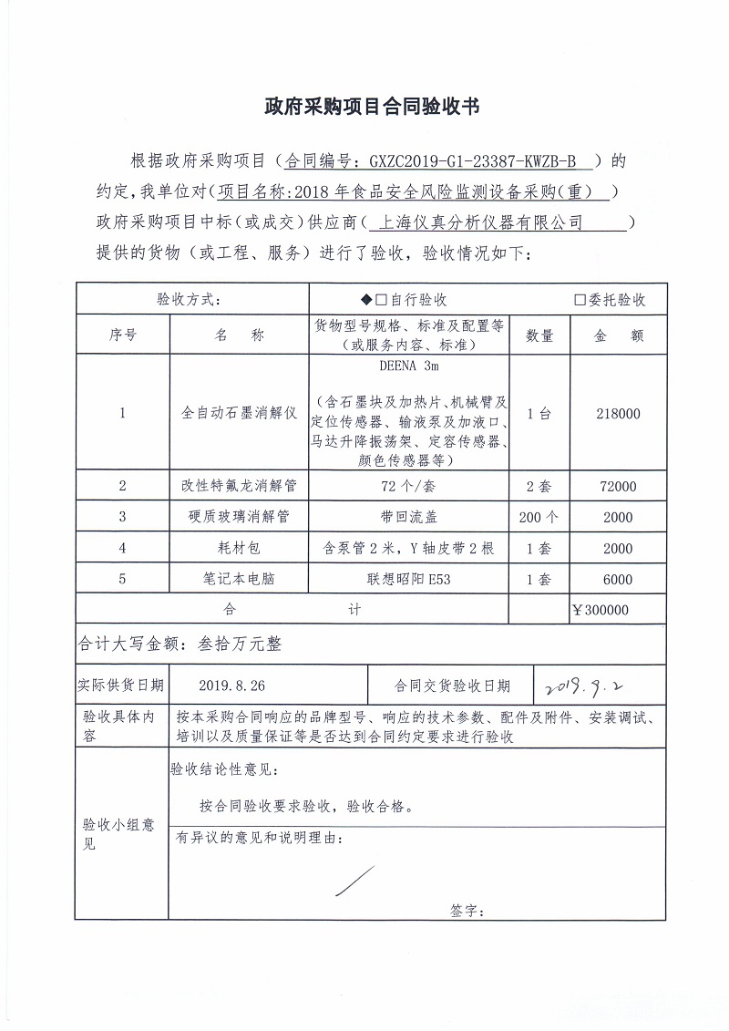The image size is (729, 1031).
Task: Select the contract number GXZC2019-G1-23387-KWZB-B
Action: [x=473, y=162]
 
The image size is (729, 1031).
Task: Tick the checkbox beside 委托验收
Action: [x=580, y=300]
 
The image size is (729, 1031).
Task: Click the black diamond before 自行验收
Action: [x=366, y=300]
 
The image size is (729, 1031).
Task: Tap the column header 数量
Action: [x=539, y=335]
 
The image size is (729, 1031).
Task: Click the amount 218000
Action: [x=618, y=414]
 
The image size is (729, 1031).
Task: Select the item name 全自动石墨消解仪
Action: [x=240, y=414]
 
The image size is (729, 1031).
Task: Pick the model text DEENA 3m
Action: [x=407, y=368]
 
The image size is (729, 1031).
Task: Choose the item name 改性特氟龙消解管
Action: [x=240, y=486]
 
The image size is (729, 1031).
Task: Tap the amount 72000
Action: [x=618, y=486]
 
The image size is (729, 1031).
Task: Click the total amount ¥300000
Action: [x=601, y=610]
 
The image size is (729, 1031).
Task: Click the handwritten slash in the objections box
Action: [x=354, y=881]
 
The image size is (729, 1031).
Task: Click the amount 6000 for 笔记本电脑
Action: [x=618, y=580]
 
